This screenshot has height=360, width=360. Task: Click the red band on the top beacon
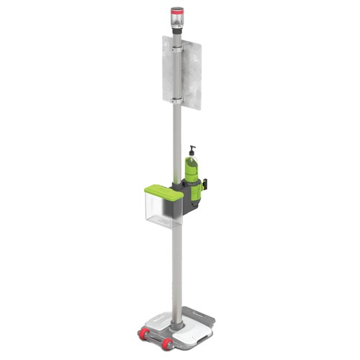tap(176, 11)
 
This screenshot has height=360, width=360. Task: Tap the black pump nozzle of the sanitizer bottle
tap(192, 150)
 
